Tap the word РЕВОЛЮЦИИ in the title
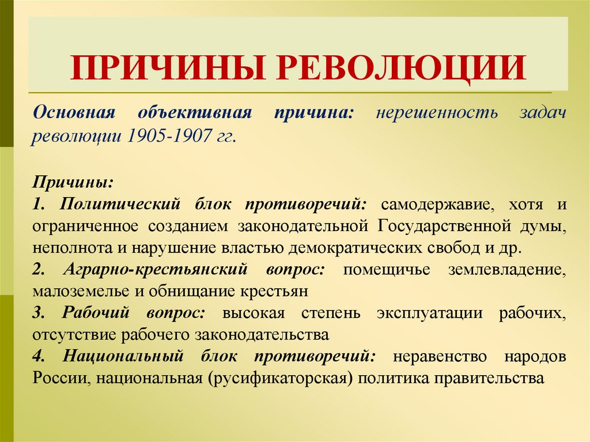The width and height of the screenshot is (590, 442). pos(403,66)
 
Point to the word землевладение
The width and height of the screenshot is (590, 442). pos(507,270)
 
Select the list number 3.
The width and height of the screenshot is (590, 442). pos(39,313)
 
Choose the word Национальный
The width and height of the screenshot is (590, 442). pos(124,357)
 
